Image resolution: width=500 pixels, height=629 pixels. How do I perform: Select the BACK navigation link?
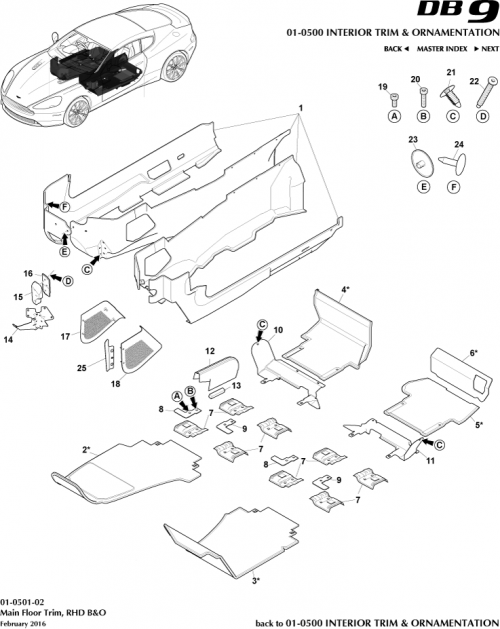(x=396, y=49)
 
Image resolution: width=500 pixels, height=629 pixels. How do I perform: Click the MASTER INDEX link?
(x=444, y=49)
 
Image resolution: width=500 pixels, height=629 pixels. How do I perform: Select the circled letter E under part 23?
(x=415, y=187)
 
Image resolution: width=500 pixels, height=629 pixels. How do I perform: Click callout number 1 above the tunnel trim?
(x=299, y=107)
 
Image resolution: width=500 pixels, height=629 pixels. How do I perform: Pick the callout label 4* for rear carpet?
(x=345, y=289)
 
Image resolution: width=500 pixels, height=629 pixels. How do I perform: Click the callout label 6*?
(x=474, y=353)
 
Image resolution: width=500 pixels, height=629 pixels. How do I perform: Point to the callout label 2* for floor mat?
(x=87, y=450)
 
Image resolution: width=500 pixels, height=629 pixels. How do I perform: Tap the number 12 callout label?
(x=211, y=352)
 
